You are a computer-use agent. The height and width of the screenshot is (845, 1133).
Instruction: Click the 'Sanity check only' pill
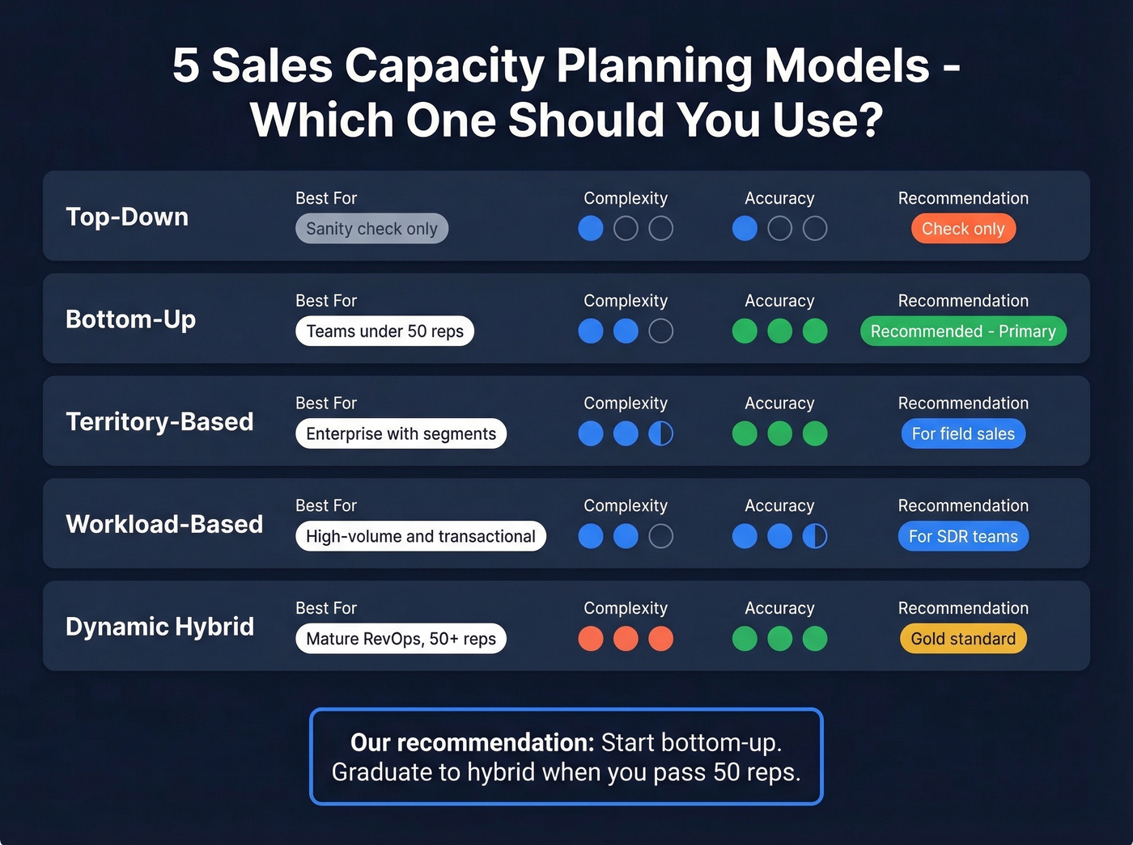pos(371,229)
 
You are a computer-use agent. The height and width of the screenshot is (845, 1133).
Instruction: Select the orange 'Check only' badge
pos(963,229)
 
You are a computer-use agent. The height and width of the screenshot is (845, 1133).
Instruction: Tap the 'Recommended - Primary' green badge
pos(963,332)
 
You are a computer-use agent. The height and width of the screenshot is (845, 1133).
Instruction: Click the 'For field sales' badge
pos(963,434)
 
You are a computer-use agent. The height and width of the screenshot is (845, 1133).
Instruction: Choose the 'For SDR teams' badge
pos(963,537)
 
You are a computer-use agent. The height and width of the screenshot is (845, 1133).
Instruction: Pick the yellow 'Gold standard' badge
pos(963,639)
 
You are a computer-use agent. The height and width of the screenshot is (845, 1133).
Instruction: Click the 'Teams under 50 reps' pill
pos(384,332)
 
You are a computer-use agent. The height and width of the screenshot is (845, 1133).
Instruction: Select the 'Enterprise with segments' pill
pos(401,434)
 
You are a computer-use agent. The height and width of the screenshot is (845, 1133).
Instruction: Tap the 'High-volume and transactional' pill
pos(421,537)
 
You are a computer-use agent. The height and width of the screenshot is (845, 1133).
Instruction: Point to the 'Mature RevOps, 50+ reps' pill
pos(401,639)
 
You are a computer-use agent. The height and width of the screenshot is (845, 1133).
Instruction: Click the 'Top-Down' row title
pos(127,217)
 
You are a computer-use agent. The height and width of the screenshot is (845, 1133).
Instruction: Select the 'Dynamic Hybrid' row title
pos(159,627)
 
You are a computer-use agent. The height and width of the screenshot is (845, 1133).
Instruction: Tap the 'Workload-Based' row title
pos(164,524)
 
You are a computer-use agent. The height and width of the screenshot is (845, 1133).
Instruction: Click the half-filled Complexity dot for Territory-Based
pos(660,434)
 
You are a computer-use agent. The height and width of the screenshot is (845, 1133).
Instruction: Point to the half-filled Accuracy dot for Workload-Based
pos(814,537)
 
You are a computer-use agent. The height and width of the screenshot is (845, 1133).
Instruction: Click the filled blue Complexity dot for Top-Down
pos(591,229)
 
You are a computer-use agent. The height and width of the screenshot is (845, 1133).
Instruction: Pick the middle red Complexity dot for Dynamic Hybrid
pos(626,639)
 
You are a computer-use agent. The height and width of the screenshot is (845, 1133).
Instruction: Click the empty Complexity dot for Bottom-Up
pos(660,332)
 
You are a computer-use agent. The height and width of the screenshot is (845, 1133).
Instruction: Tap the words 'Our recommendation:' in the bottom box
pos(472,742)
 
